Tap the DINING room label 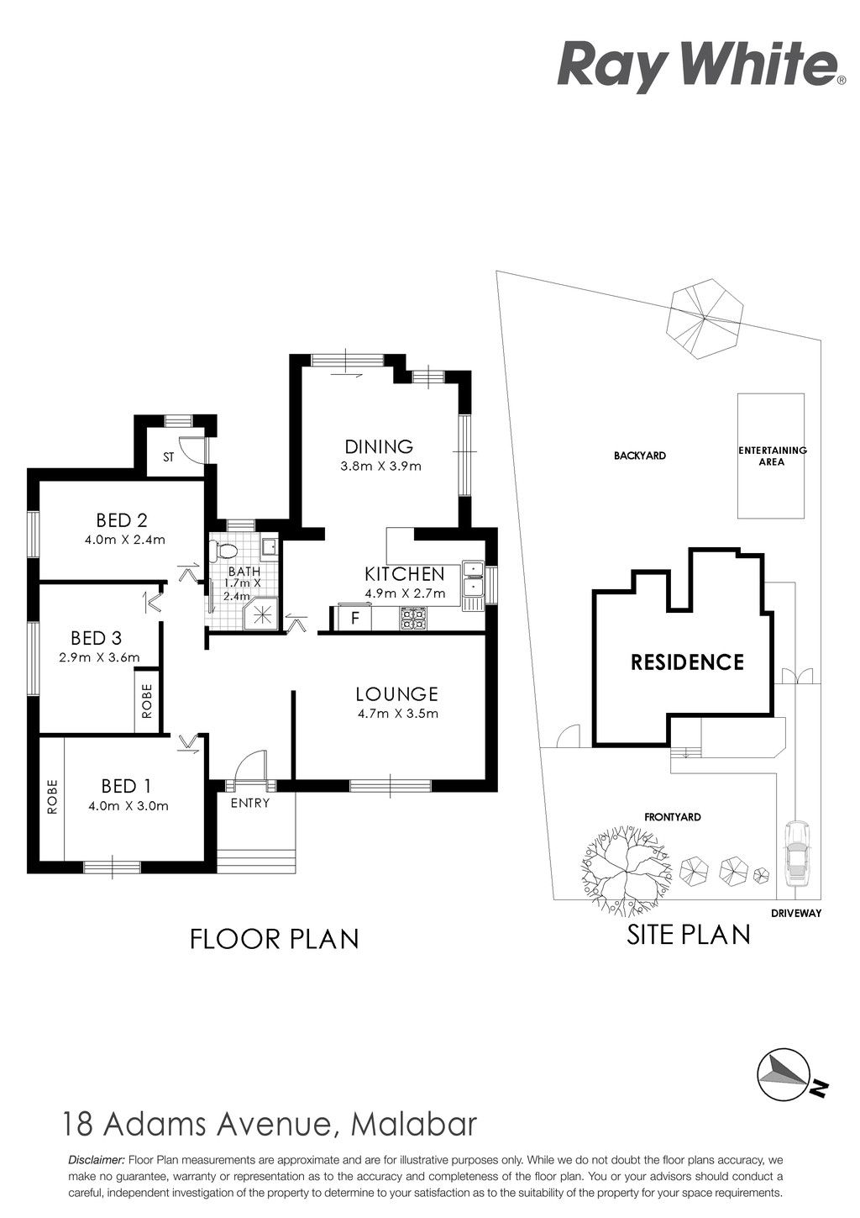pos(379,447)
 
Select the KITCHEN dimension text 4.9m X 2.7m pos(406,593)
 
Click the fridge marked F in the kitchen pos(354,618)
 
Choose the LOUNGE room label pos(396,693)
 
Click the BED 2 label pos(122,520)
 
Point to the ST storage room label pos(169,457)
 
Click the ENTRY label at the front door pos(250,803)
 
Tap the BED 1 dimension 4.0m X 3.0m pos(128,806)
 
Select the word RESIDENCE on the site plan pos(687,662)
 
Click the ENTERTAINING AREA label pos(772,456)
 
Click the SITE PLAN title pos(689,934)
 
